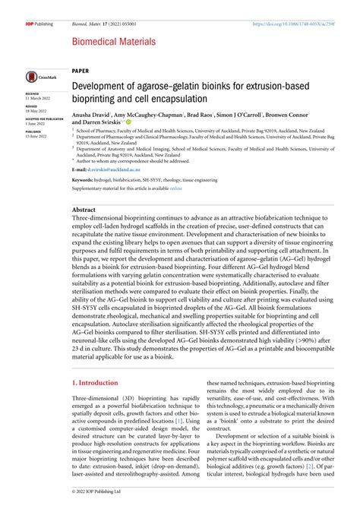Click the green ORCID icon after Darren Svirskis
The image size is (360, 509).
pyautogui.click(x=129, y=122)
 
